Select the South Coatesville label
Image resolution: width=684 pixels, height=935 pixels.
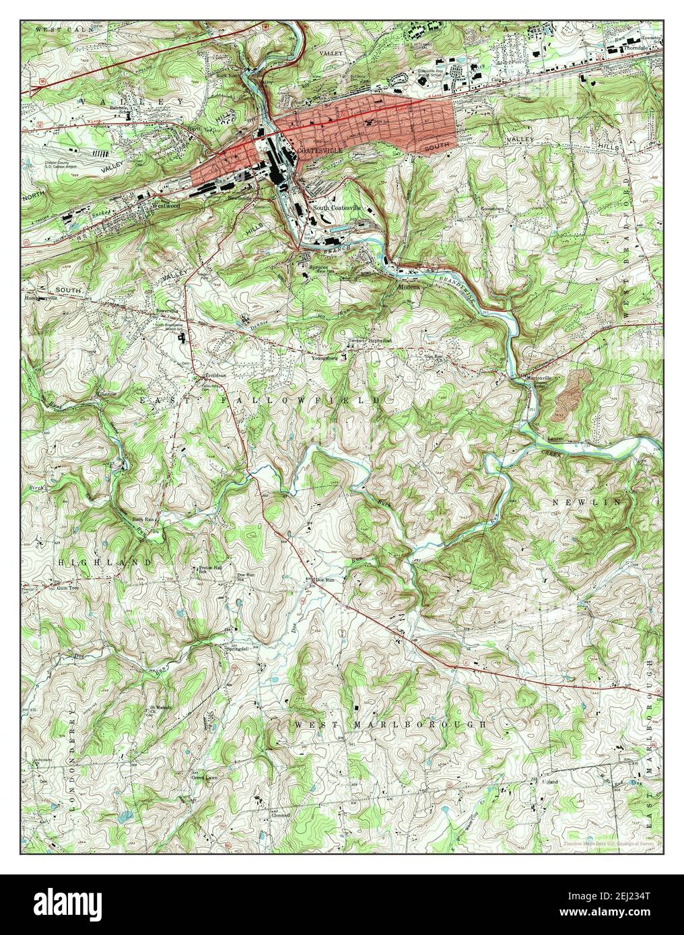pyautogui.click(x=337, y=209)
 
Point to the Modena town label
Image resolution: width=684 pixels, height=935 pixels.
pyautogui.click(x=408, y=287)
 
